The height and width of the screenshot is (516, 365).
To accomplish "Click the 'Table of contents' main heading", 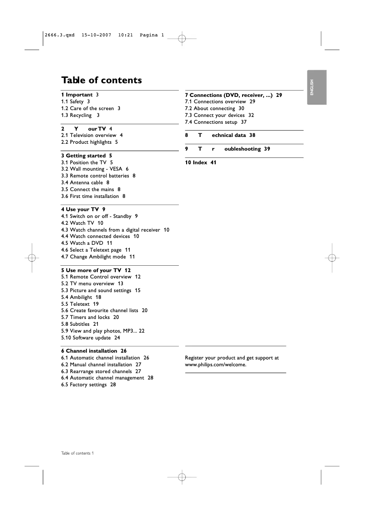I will [101, 80].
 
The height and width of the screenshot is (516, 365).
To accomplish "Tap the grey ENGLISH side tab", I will [316, 87].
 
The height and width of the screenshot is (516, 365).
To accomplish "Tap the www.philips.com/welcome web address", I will [215, 364].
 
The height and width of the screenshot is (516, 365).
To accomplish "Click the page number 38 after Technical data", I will [252, 135].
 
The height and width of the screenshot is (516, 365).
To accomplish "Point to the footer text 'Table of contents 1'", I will [77, 453].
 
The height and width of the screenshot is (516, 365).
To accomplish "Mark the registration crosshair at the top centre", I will [181, 39].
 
